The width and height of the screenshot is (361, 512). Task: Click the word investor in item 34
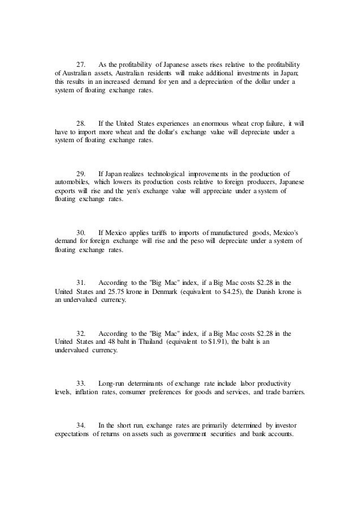tap(288, 425)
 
